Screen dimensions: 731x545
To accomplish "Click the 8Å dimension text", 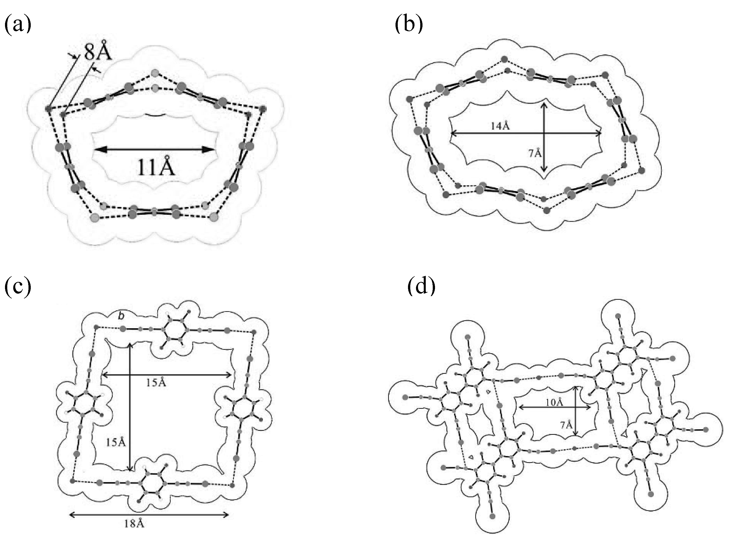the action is point(98,51).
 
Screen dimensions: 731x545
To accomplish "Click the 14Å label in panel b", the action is point(500,126).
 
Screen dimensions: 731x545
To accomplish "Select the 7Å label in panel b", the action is point(535,153).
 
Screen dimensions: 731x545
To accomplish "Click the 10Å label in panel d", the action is point(554,402).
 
